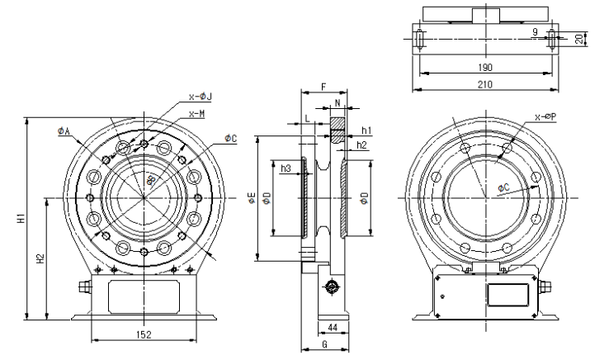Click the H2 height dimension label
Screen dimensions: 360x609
coord(40,258)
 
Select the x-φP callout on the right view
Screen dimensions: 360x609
coord(545,116)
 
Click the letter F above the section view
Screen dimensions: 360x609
coord(323,85)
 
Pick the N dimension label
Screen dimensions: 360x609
coord(338,104)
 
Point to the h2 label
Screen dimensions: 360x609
coord(362,144)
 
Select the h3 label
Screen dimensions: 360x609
coord(286,168)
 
